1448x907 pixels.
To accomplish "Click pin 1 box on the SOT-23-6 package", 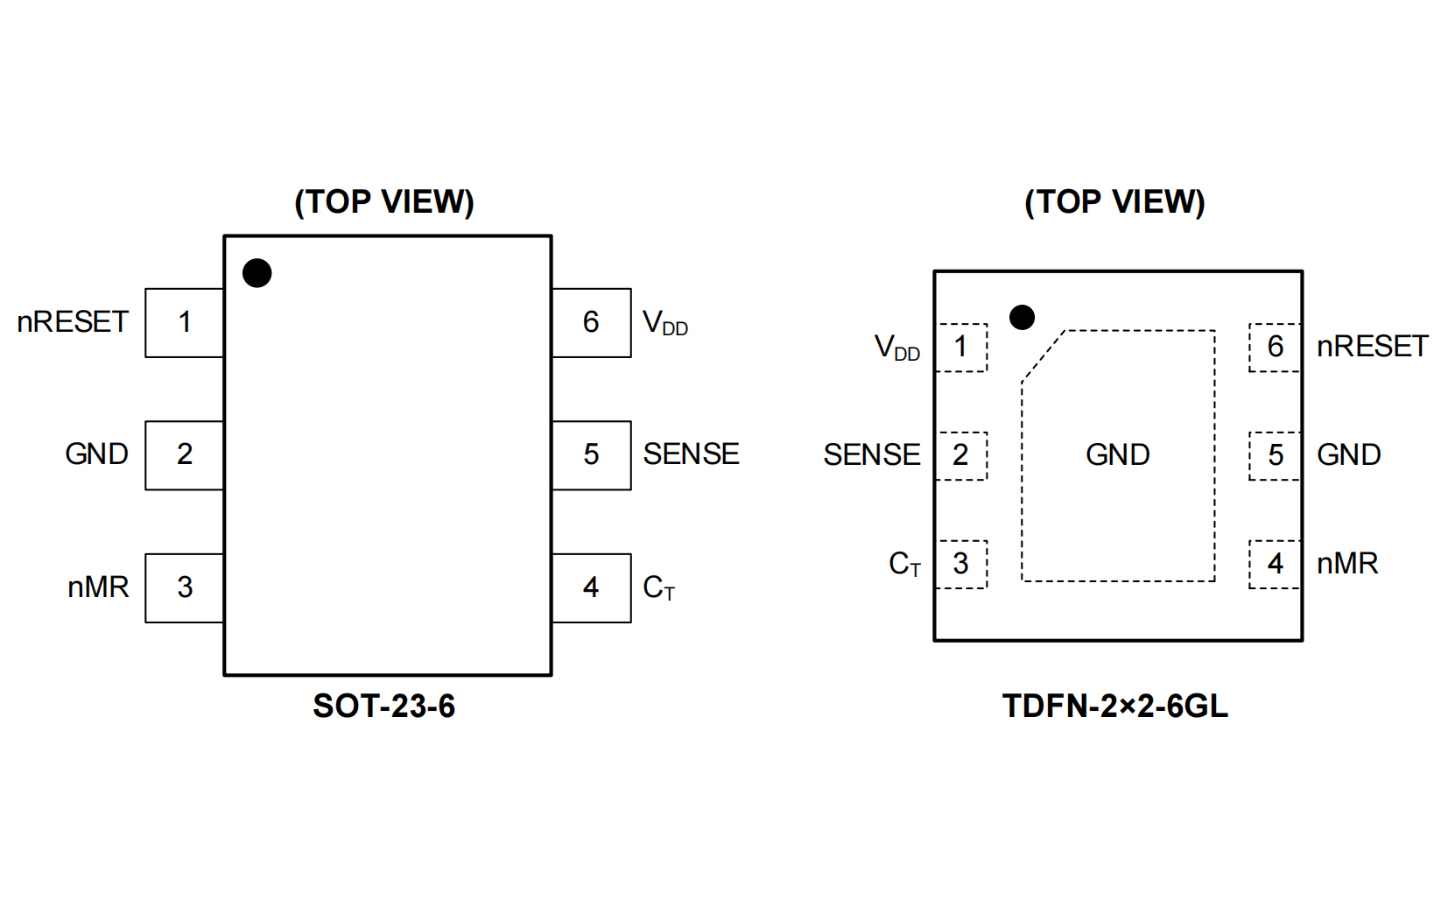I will (x=185, y=322).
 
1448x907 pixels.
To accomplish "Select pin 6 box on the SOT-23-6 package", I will (x=591, y=322).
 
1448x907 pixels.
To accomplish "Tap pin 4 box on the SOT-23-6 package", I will (x=591, y=587).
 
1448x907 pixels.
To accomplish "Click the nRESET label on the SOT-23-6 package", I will (x=73, y=322).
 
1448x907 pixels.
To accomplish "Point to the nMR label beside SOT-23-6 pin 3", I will (x=98, y=587).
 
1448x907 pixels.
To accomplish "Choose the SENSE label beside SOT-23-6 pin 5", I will (x=691, y=454).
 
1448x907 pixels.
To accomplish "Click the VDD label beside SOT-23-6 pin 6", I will (x=664, y=324).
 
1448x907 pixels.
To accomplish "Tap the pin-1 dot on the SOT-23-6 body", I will (x=257, y=273).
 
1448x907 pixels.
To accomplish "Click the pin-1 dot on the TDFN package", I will (x=1022, y=317).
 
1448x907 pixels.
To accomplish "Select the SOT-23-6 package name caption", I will (x=383, y=707).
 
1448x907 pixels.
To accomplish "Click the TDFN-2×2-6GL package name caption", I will (x=1114, y=707).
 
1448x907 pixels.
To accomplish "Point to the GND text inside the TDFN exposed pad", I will (x=1117, y=455).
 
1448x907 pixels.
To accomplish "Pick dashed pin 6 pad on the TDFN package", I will (x=1275, y=348).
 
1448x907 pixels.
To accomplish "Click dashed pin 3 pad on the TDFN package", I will (x=961, y=564).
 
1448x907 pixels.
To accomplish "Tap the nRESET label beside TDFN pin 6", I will (x=1372, y=347).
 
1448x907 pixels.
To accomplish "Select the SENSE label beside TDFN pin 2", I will (x=871, y=455).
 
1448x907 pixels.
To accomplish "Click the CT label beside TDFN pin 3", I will (x=904, y=565).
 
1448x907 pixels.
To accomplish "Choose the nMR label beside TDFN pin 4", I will (x=1347, y=564).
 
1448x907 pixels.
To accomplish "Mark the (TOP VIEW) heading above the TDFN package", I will (x=1114, y=202).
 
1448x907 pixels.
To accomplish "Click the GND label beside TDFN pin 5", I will (x=1348, y=455).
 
